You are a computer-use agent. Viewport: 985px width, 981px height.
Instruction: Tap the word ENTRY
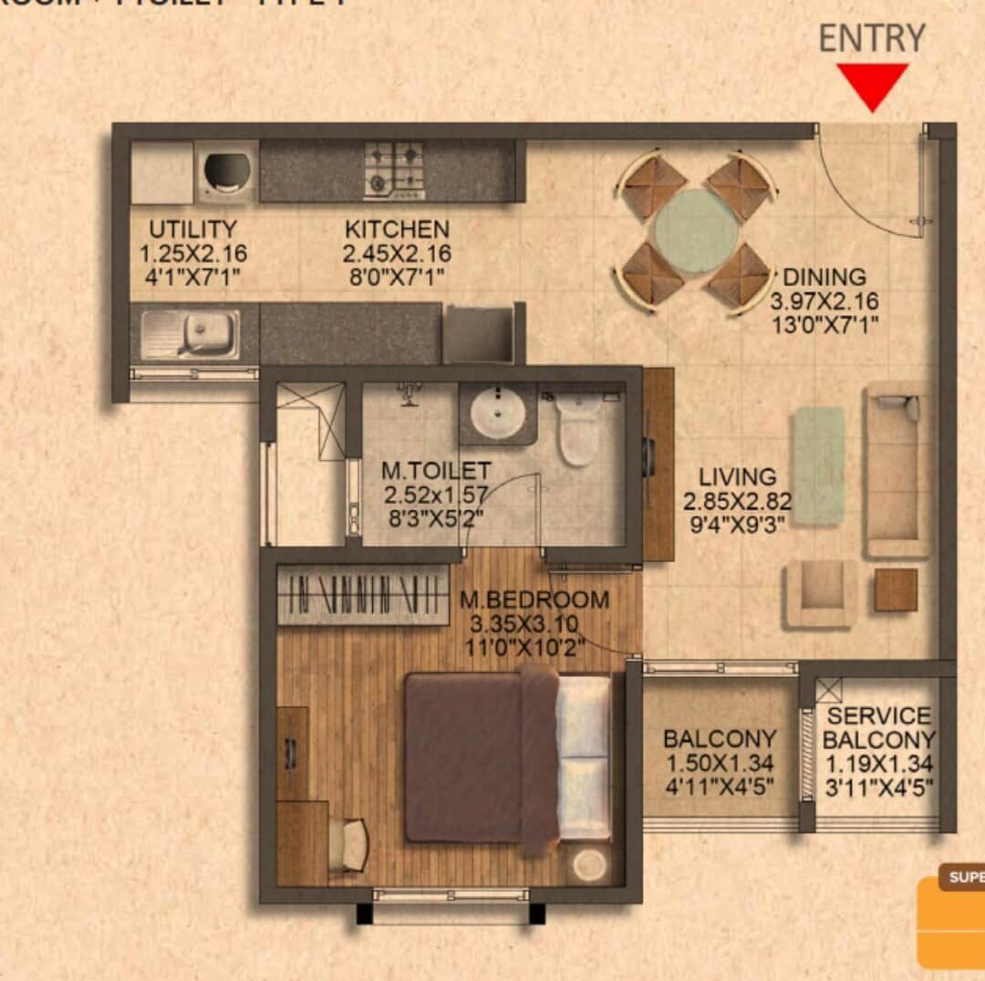871,38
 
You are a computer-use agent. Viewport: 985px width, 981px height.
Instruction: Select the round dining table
697,230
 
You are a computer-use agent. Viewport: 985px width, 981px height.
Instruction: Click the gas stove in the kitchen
395,170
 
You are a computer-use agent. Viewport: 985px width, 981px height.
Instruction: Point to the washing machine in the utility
225,171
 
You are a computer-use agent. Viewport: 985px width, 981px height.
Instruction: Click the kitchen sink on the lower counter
192,334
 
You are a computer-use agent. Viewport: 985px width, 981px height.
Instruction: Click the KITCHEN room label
397,229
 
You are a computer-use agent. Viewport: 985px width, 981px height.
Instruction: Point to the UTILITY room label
192,229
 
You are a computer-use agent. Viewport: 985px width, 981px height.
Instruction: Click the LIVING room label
738,476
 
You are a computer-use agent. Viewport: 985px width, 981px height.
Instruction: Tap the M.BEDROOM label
534,600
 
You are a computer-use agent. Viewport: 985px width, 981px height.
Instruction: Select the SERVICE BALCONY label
879,727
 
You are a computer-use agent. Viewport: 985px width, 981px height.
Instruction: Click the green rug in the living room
818,465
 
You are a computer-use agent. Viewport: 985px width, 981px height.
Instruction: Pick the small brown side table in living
896,590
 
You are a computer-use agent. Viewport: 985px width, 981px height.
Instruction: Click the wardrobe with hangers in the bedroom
363,595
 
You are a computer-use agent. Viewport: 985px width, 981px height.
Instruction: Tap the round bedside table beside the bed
590,863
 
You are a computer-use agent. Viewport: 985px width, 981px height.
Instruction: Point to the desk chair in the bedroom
352,843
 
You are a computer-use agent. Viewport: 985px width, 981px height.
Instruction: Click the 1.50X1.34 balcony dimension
720,762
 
